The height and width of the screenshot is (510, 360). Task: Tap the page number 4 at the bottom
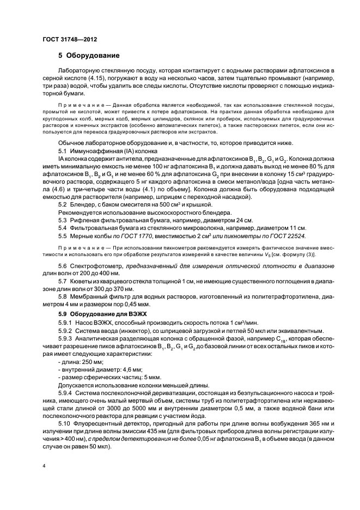pos(44,465)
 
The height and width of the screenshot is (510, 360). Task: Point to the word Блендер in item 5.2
pos(82,203)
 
